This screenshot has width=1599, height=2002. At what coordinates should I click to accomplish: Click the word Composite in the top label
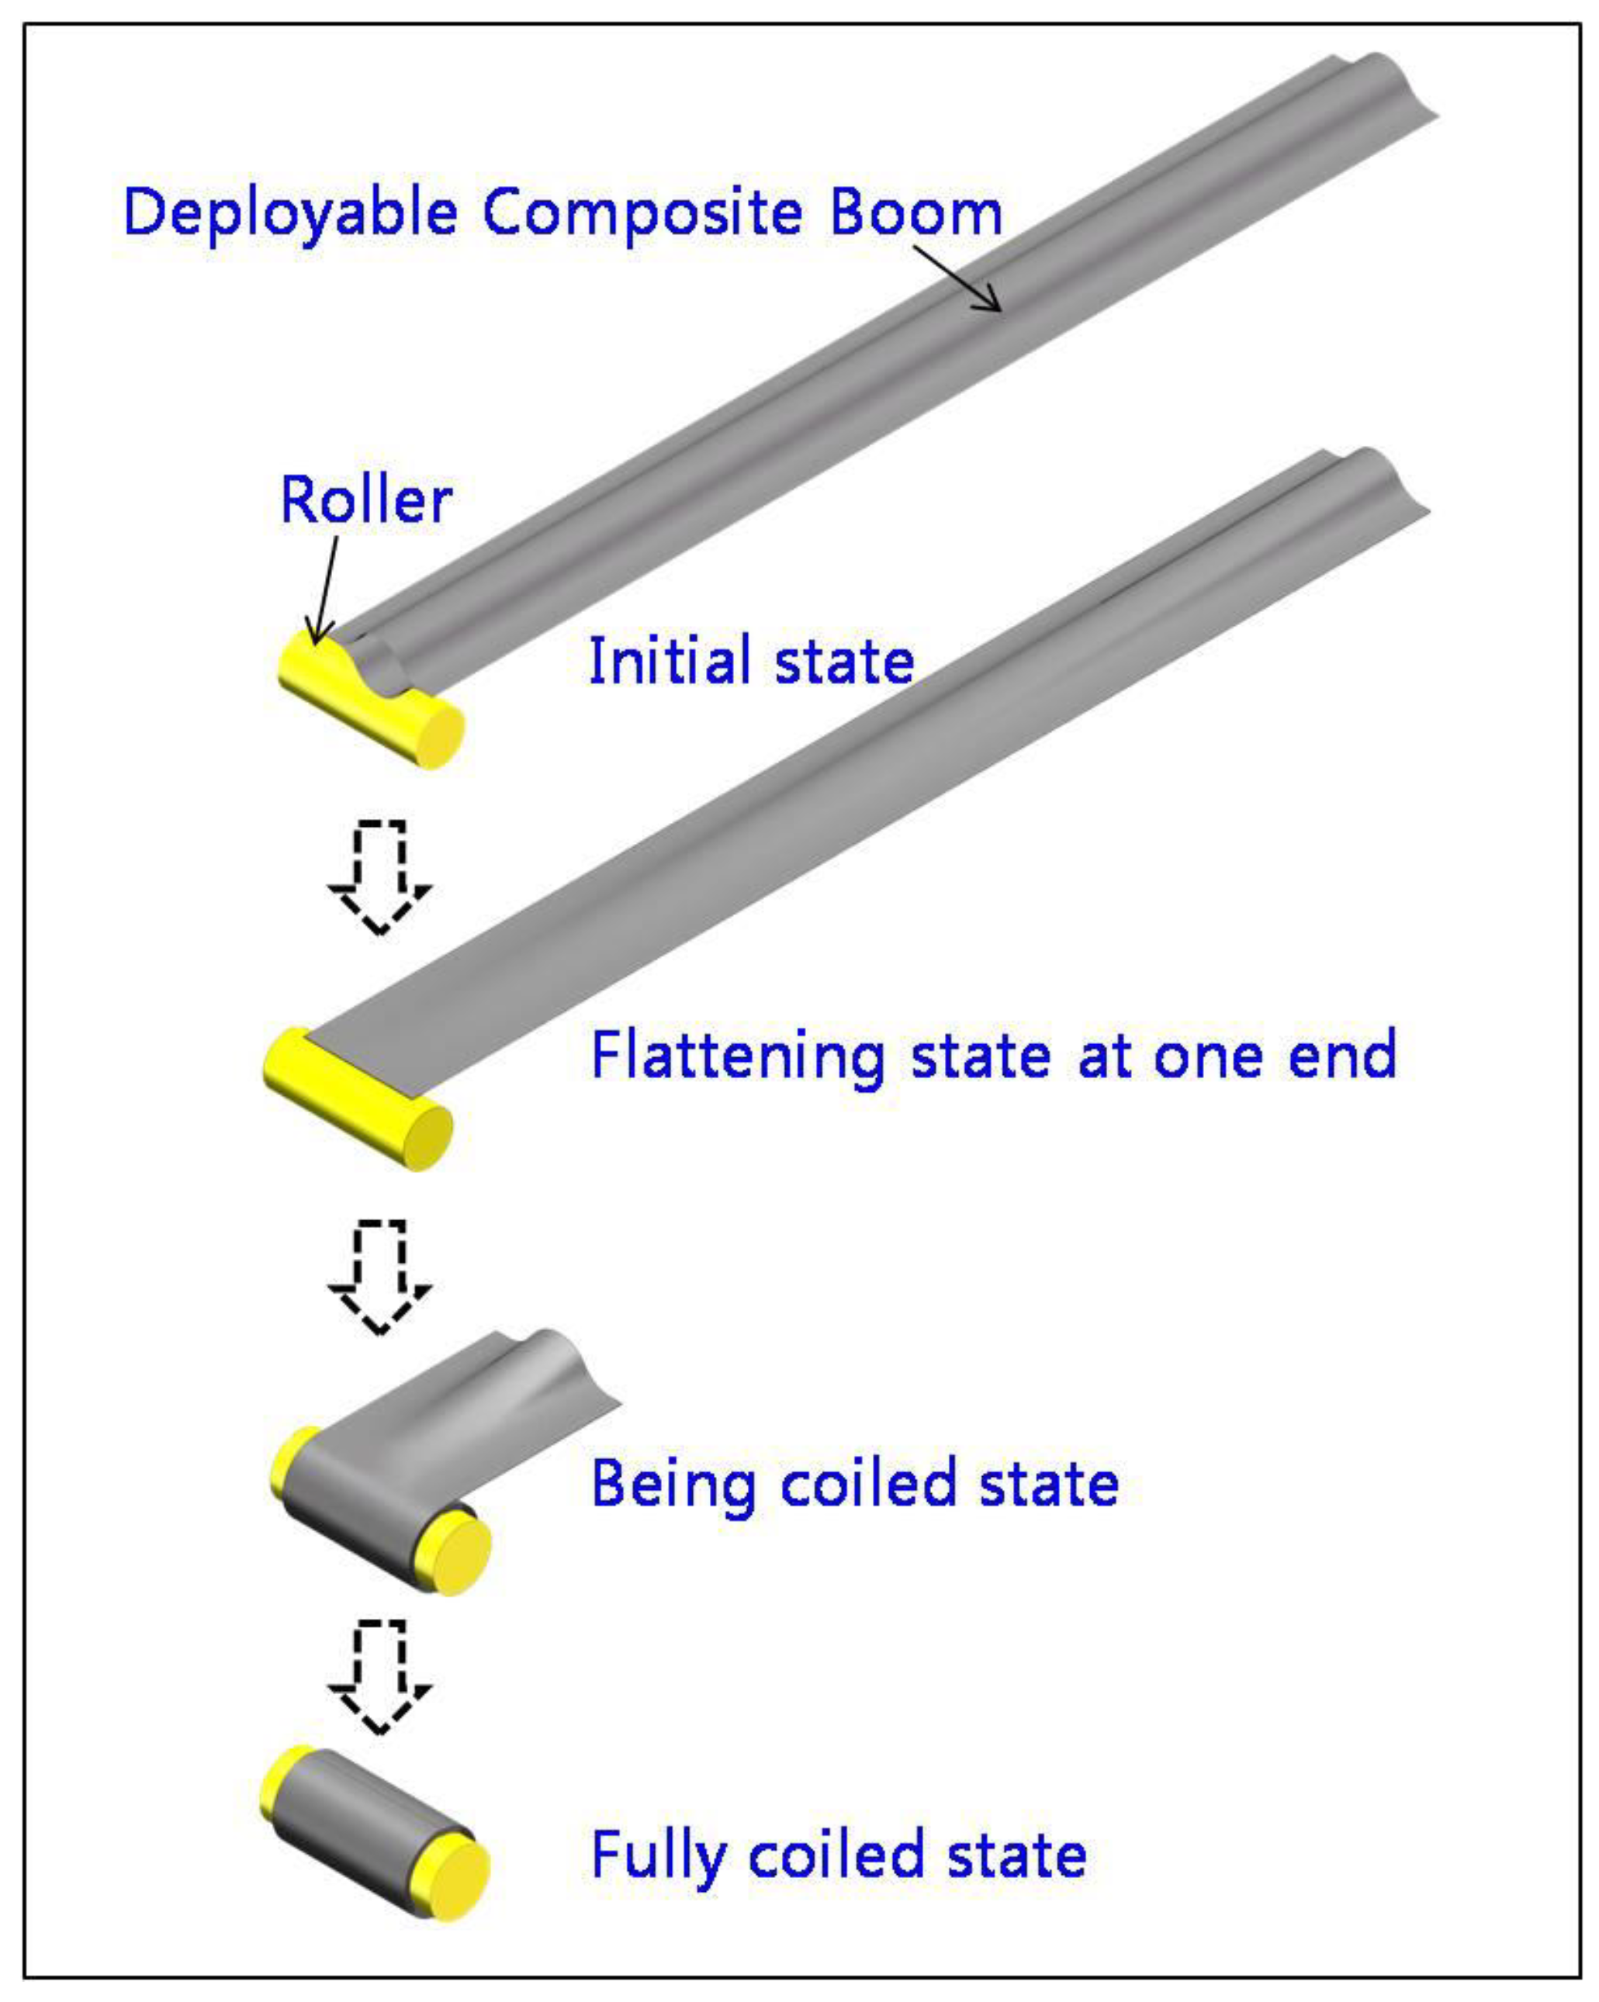click(x=642, y=213)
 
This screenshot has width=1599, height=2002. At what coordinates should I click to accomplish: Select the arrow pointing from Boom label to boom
click(x=957, y=278)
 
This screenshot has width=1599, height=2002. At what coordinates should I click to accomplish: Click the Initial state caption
click(x=751, y=660)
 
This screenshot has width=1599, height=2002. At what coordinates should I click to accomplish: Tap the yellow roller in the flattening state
click(x=358, y=1101)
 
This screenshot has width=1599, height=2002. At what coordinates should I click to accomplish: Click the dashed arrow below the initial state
click(x=380, y=873)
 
